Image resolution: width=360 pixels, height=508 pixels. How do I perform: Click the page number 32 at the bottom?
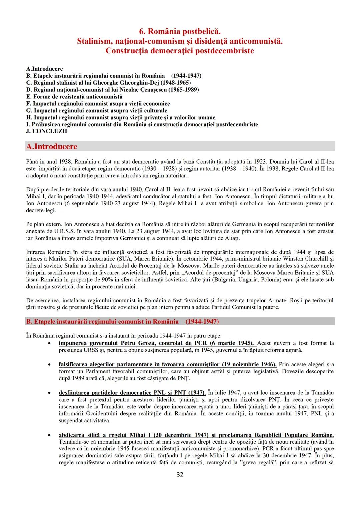tap(180, 474)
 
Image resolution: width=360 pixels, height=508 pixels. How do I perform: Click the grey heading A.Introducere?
tap(51, 147)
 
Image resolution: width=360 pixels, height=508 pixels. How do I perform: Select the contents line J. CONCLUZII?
tap(46, 131)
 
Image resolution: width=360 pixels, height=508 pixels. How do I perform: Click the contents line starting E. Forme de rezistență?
tap(74, 97)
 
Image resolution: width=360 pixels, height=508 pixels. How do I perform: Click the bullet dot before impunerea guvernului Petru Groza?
tap(49, 343)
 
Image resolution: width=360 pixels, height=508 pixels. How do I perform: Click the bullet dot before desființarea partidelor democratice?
tap(49, 393)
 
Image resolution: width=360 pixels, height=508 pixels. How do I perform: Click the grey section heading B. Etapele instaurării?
tap(122, 321)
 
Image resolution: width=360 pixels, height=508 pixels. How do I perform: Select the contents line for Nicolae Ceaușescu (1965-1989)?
tap(112, 90)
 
